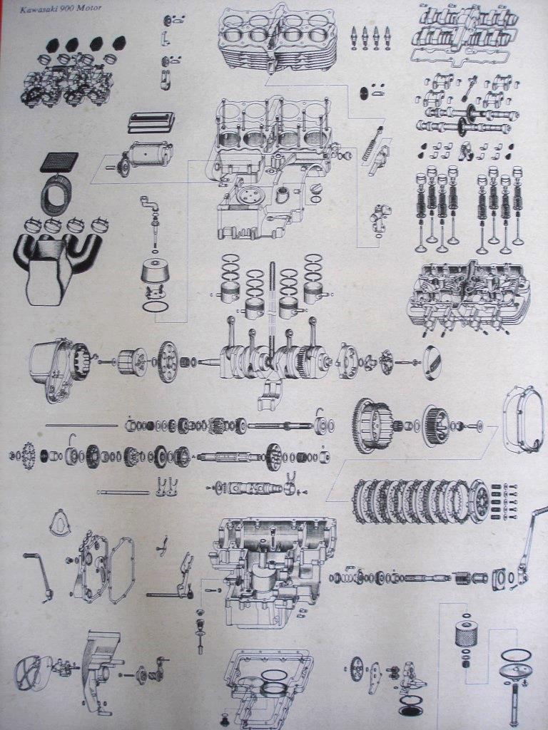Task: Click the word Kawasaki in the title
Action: [36, 9]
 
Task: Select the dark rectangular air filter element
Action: [59, 162]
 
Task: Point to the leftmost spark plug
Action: [354, 37]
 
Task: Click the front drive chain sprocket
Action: [29, 455]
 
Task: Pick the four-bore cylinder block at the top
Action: [278, 38]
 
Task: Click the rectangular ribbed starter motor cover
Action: [151, 121]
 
